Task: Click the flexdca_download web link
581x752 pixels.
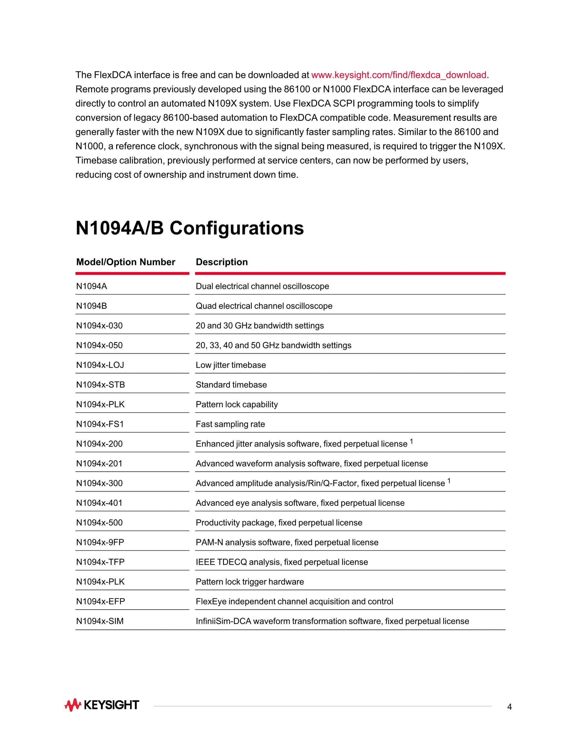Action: pyautogui.click(x=399, y=75)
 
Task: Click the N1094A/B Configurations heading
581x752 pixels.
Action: pyautogui.click(x=190, y=228)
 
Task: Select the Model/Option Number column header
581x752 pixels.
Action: pyautogui.click(x=126, y=262)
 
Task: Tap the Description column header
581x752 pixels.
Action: pyautogui.click(x=222, y=262)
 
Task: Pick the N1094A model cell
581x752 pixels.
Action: pyautogui.click(x=92, y=286)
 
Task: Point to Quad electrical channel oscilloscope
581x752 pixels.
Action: pyautogui.click(x=264, y=306)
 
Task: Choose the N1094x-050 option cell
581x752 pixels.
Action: pyautogui.click(x=99, y=345)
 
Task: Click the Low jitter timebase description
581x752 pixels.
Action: pyautogui.click(x=231, y=365)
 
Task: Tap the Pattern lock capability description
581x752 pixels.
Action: pyautogui.click(x=236, y=404)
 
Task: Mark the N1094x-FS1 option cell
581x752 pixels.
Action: pyautogui.click(x=100, y=424)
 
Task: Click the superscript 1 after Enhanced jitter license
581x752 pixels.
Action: pyautogui.click(x=411, y=441)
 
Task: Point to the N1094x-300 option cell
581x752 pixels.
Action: pyautogui.click(x=99, y=483)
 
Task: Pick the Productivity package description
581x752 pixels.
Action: pyautogui.click(x=279, y=523)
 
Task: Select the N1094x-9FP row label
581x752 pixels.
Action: pyautogui.click(x=100, y=542)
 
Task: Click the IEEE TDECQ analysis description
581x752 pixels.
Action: pyautogui.click(x=281, y=562)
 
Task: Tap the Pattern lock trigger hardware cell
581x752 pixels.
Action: pyautogui.click(x=250, y=582)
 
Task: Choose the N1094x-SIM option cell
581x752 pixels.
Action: pyautogui.click(x=100, y=621)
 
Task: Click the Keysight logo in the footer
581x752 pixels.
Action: pyautogui.click(x=102, y=705)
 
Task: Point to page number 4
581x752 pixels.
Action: pyautogui.click(x=509, y=707)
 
